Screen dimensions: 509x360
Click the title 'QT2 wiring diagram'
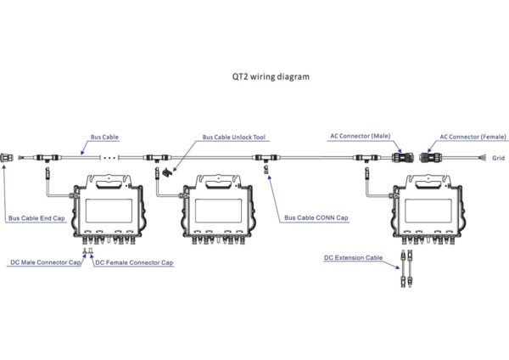[x=271, y=77]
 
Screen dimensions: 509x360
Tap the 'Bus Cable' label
[x=104, y=137]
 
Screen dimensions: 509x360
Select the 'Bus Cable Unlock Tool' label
[x=234, y=137]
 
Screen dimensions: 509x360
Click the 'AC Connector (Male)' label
[x=361, y=136]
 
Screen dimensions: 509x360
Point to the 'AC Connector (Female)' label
[x=473, y=137]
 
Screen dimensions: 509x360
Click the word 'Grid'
[x=498, y=158]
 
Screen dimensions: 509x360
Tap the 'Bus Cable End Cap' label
[x=36, y=218]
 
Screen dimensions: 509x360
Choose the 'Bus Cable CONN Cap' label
[x=316, y=217]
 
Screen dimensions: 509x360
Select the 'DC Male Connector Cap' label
[x=46, y=262]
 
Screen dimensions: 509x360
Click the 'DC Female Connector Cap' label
[x=134, y=262]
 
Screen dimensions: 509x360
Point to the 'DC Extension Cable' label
[x=353, y=257]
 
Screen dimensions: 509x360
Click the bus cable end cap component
[x=7, y=158]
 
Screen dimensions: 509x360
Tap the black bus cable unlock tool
[x=167, y=172]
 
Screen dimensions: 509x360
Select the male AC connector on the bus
[x=402, y=158]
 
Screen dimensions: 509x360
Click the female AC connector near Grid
[x=431, y=158]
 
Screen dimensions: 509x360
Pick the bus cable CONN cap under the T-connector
[x=266, y=169]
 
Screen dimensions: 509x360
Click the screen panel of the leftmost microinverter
[x=109, y=211]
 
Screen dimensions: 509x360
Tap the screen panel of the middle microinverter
[x=219, y=211]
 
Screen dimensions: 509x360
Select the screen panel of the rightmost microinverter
[x=428, y=211]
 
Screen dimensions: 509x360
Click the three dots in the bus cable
[x=109, y=158]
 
